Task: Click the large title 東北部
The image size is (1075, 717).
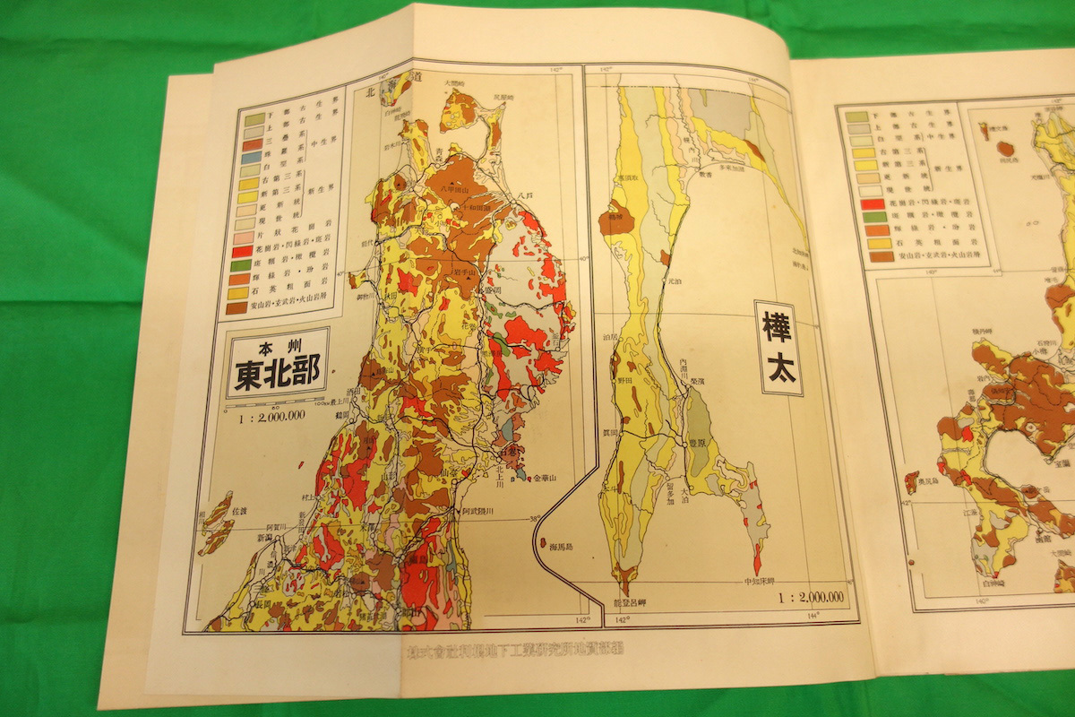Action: pos(279,375)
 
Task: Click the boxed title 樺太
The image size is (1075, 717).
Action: pos(778,348)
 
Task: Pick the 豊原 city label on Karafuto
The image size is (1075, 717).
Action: pos(699,443)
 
